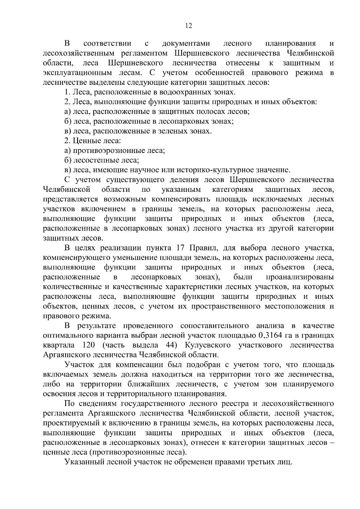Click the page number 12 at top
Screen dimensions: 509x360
[x=188, y=26]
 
